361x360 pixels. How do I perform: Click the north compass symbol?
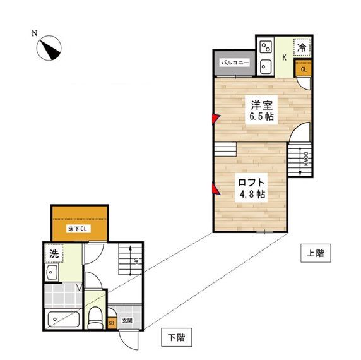tap(49, 48)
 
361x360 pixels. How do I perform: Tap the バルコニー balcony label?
tap(235, 63)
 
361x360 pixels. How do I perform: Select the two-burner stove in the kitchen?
tap(266, 47)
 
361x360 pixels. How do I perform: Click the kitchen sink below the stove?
tap(266, 66)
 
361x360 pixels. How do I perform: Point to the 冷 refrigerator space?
tap(302, 47)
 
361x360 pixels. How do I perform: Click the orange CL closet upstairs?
tap(303, 69)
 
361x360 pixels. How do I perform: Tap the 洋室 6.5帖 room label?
tap(261, 111)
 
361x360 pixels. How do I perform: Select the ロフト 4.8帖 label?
tap(251, 188)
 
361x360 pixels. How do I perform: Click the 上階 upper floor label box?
tap(316, 253)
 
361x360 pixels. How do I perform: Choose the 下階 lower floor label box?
tap(176, 337)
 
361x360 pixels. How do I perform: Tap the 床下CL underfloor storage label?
tap(78, 229)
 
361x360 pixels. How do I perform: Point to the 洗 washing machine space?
tap(54, 253)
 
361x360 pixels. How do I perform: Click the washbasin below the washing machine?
tap(51, 272)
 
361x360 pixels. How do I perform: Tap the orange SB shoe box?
tap(112, 323)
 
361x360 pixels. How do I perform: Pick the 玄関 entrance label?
tap(127, 320)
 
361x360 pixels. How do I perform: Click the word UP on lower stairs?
tap(136, 261)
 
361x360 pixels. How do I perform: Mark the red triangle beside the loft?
tap(216, 189)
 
